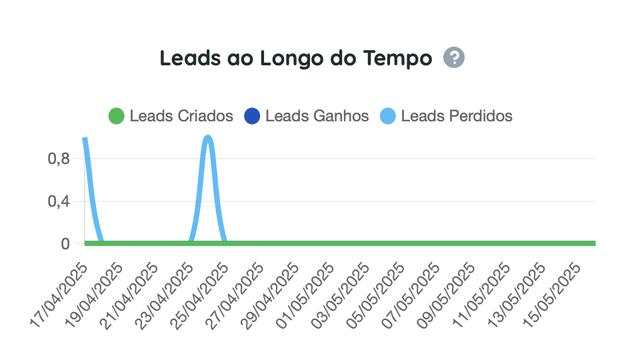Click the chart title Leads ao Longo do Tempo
click(x=296, y=58)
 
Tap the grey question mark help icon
click(x=454, y=58)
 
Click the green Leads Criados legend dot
click(x=117, y=116)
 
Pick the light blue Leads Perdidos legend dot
click(x=388, y=116)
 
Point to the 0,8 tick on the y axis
click(x=59, y=159)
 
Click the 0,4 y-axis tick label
click(x=59, y=201)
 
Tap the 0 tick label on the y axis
click(x=65, y=244)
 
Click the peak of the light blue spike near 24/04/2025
click(x=208, y=138)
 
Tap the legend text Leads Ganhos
click(x=317, y=116)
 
